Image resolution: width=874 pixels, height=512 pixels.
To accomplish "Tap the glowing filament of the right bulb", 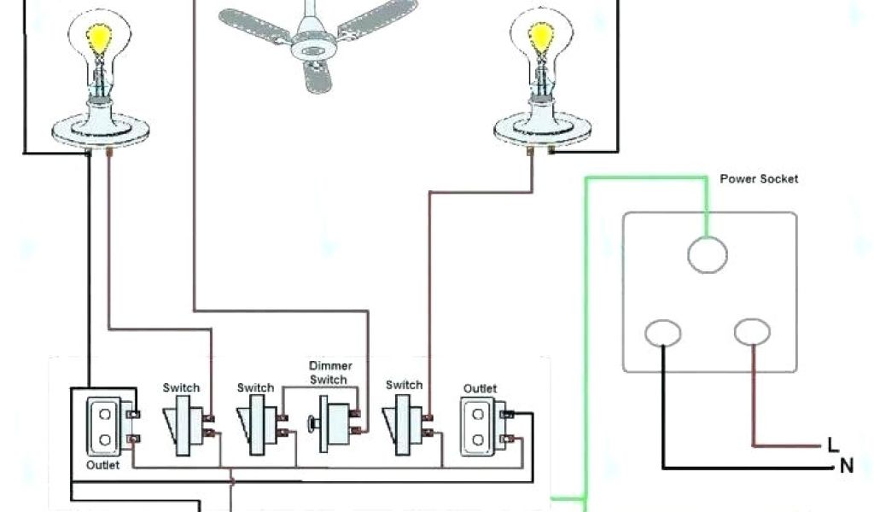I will click(x=541, y=38).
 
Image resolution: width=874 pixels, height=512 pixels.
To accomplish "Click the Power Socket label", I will click(x=759, y=179).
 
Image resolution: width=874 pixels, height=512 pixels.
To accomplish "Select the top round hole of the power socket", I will click(x=708, y=253).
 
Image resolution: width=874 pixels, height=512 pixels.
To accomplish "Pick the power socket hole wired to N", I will click(x=662, y=333).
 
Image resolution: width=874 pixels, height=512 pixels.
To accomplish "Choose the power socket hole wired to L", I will click(x=752, y=333).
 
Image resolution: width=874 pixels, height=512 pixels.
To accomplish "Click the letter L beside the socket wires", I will click(x=833, y=445).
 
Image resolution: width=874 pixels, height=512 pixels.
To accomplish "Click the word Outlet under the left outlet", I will click(x=102, y=465).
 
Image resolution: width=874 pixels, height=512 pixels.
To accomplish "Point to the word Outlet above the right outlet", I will click(x=480, y=388).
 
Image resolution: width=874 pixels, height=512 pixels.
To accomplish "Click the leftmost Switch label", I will click(x=181, y=387).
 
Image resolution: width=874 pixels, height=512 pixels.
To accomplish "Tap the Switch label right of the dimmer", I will click(x=404, y=385).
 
